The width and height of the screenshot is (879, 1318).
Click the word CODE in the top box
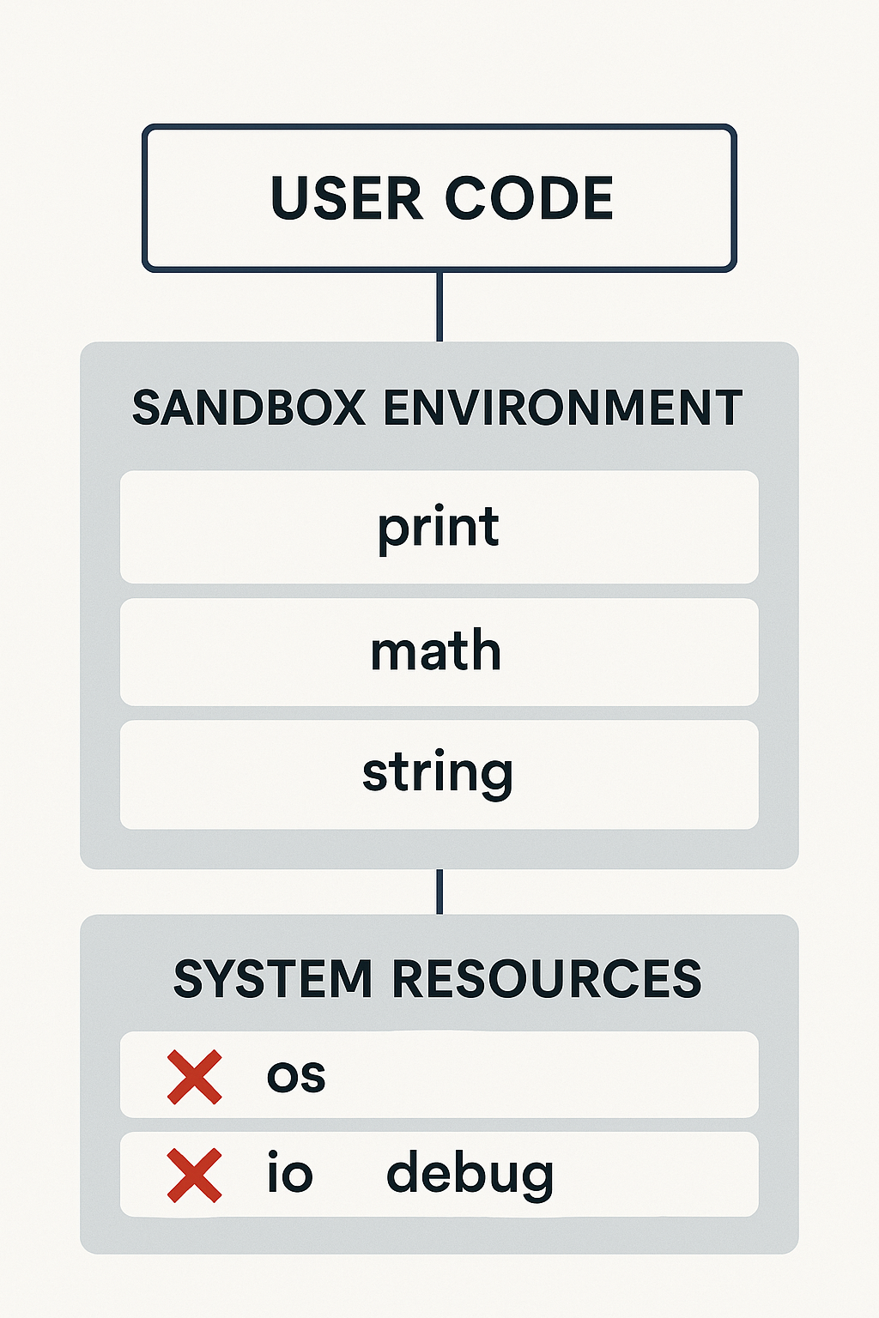[x=529, y=199]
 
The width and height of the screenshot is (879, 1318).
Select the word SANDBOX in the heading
[x=249, y=408]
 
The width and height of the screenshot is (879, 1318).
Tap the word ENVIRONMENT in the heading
[x=562, y=408]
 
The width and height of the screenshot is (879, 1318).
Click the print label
[x=439, y=527]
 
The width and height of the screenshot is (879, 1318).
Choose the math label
[x=436, y=651]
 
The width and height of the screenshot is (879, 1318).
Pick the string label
[x=438, y=772]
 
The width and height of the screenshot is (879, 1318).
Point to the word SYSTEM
[x=273, y=979]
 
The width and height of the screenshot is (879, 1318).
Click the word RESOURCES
[x=547, y=979]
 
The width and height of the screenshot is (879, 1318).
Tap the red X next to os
[x=195, y=1076]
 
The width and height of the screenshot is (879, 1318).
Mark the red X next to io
[x=195, y=1175]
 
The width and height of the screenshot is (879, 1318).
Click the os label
[x=296, y=1076]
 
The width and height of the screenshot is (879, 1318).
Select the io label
[x=290, y=1173]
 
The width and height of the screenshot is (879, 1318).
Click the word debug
[x=470, y=1175]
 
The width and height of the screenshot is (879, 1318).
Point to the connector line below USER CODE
[x=439, y=306]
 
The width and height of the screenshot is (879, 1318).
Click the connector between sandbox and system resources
[x=439, y=892]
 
